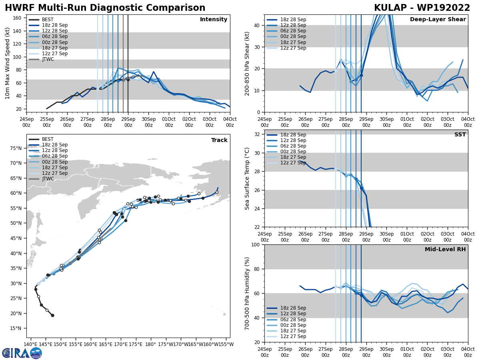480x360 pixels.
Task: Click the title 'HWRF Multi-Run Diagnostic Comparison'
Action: (x=105, y=8)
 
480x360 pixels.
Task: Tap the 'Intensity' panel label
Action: (x=214, y=20)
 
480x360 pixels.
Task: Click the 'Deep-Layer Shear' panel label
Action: (x=438, y=20)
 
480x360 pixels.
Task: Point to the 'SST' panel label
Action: (x=460, y=135)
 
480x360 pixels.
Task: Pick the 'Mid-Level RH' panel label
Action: (x=445, y=250)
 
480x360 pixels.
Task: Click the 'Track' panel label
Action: (x=219, y=140)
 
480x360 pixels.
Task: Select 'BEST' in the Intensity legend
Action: (x=48, y=20)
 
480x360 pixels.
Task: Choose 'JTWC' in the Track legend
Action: (x=48, y=179)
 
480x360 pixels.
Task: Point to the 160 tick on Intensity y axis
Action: (x=18, y=18)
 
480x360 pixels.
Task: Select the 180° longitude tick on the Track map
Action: (x=151, y=344)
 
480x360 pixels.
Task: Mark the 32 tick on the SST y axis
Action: (x=258, y=134)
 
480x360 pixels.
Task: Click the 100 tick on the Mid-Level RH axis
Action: (x=256, y=244)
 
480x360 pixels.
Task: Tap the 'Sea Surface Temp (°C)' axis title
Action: (x=248, y=178)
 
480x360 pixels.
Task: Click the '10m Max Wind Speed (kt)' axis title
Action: (x=8, y=63)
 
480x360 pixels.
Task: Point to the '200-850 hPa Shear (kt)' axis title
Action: (x=247, y=63)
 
